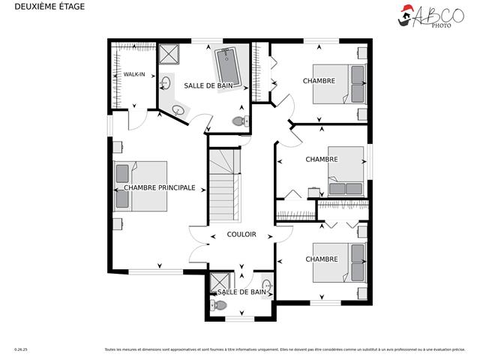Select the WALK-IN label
134,74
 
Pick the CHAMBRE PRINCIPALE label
160,187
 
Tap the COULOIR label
241,235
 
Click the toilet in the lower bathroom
218,304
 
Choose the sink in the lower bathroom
267,287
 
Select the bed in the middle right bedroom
347,174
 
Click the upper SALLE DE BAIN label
208,86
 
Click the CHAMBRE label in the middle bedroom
321,159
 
